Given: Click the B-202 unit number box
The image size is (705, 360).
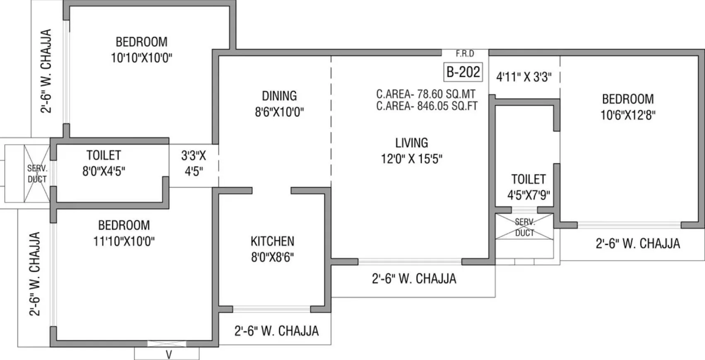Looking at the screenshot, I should click(463, 72).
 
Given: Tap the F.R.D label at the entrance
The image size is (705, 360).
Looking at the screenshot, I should click(465, 53).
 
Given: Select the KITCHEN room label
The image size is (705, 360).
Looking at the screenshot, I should click(272, 241).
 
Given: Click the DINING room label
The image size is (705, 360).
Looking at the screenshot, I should click(279, 96).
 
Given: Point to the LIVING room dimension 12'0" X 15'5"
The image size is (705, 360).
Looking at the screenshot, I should click(411, 159).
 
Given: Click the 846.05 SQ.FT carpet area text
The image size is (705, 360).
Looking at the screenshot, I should click(427, 106).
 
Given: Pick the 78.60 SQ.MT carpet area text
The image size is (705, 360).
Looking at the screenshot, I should click(426, 94).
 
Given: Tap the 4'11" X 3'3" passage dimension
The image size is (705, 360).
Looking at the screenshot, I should click(524, 77).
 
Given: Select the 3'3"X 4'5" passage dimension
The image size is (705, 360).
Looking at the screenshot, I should click(193, 164).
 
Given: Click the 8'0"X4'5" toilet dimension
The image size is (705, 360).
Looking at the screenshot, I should click(104, 171).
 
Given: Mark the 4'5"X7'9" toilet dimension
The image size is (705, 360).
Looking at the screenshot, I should click(529, 195).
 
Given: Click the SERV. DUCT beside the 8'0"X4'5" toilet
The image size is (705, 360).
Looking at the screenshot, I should click(37, 174).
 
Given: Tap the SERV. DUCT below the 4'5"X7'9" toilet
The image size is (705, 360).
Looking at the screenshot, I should click(524, 227).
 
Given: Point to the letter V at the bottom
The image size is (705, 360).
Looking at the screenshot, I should click(169, 355).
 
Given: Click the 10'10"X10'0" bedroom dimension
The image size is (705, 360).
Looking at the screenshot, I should click(141, 58).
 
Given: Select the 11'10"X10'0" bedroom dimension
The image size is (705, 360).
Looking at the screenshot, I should click(124, 241).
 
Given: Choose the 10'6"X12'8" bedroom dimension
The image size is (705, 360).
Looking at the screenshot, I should click(628, 115).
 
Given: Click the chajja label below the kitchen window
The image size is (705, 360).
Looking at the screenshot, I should click(276, 331).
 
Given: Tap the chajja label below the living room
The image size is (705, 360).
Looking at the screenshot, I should click(414, 278).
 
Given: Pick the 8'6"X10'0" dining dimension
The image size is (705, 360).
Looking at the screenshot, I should click(279, 112).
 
